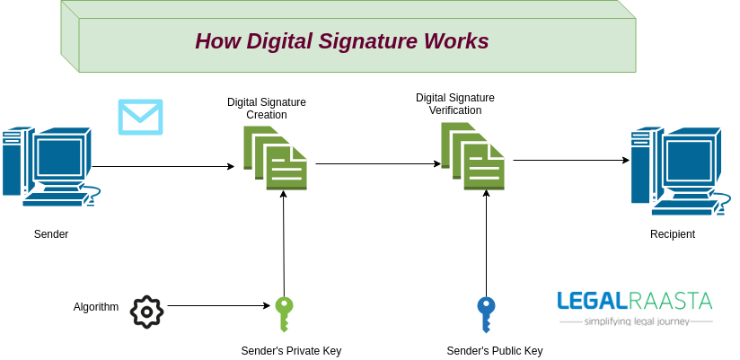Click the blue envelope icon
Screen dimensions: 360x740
coord(140,117)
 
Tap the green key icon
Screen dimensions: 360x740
coord(284,315)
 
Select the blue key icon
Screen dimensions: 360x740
coord(486,315)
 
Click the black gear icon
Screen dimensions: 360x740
coord(146,312)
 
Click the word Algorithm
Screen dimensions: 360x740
coord(96,307)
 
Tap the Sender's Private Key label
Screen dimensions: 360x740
coord(291,350)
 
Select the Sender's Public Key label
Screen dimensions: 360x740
coord(494,350)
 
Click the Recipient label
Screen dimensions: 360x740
coord(673,234)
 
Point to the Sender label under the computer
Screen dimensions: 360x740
coord(51,234)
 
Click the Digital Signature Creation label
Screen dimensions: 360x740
coord(267,109)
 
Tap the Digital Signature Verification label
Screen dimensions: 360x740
coord(454,103)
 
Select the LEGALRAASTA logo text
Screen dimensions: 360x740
coord(634,301)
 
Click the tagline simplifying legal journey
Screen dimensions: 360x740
coord(636,320)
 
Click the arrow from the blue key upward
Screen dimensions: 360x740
coord(486,242)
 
